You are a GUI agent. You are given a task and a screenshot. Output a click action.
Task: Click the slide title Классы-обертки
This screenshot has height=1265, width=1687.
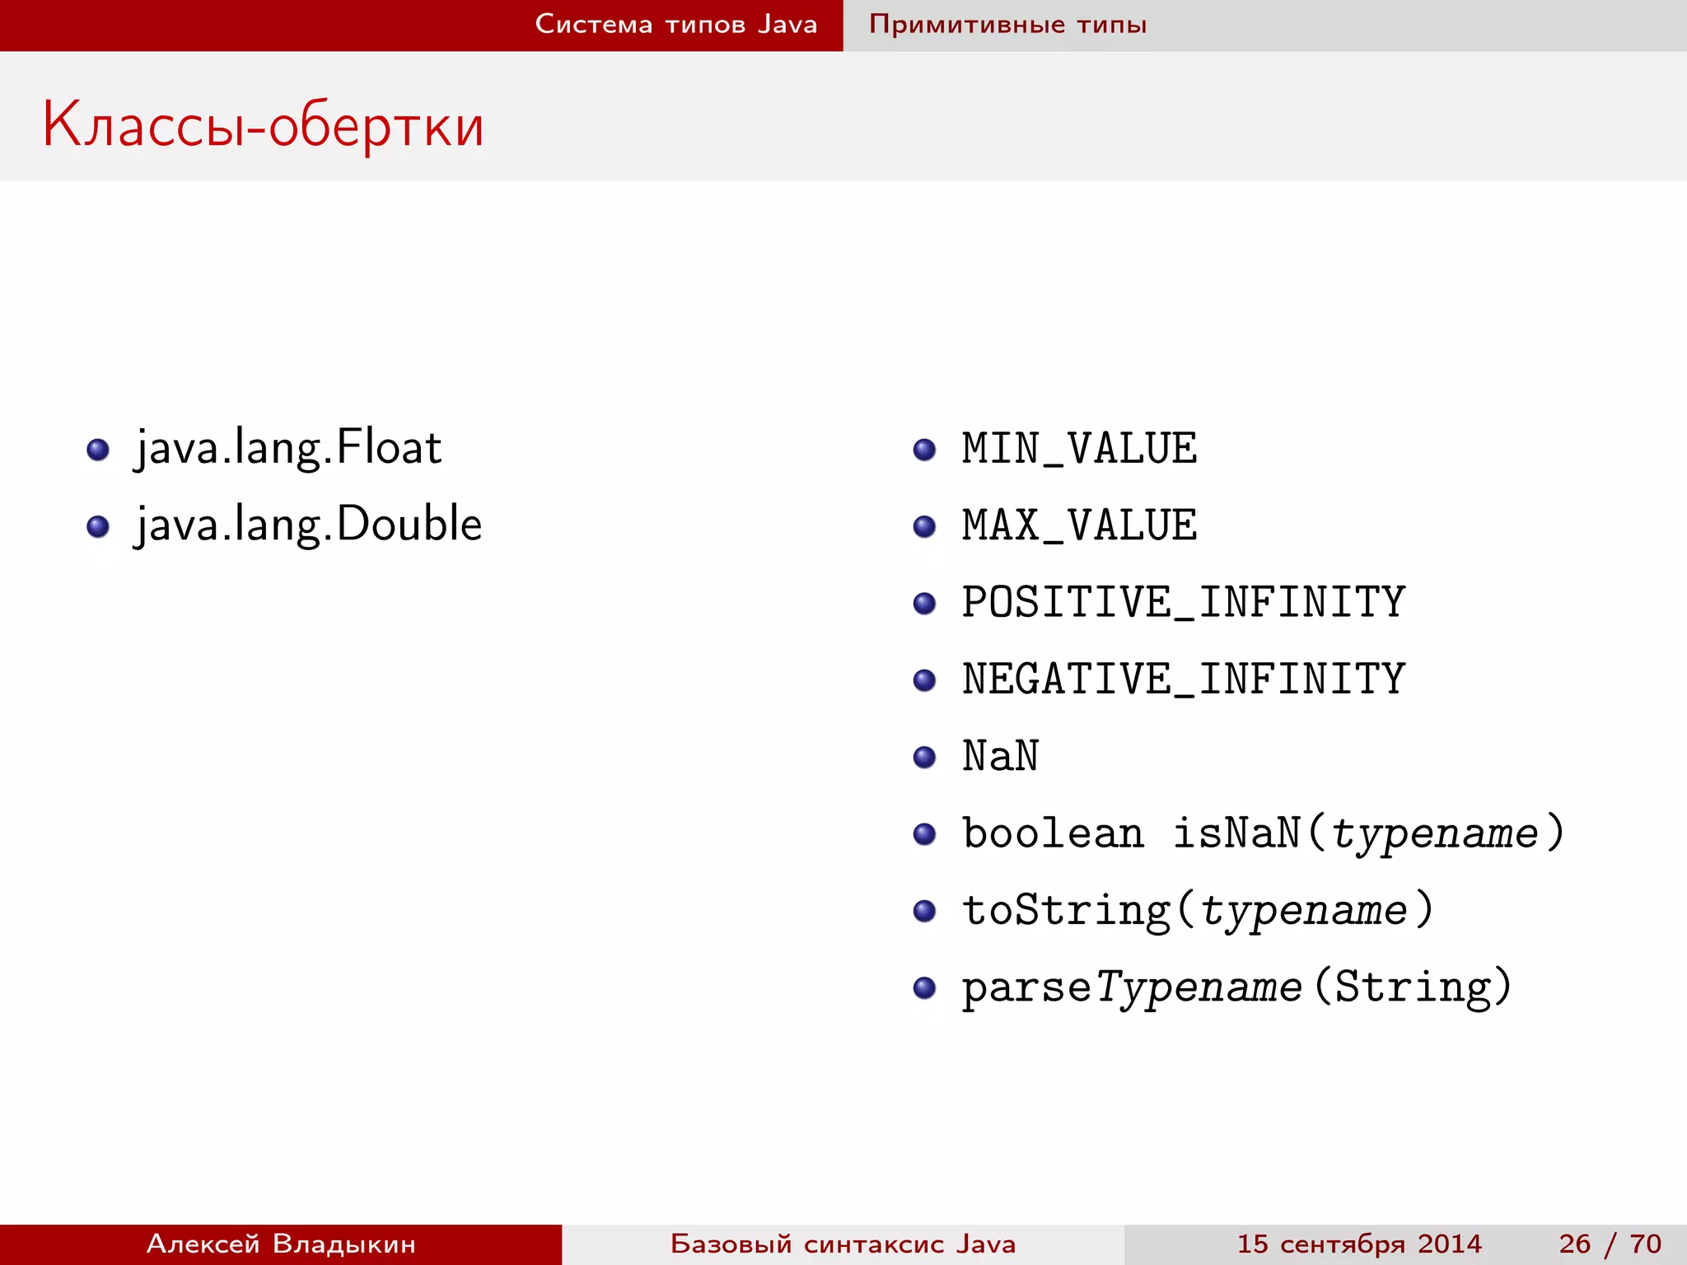263,125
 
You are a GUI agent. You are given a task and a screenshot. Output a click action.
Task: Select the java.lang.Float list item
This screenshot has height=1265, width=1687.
288,448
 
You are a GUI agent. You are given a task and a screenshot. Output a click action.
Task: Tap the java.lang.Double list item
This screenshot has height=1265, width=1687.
308,525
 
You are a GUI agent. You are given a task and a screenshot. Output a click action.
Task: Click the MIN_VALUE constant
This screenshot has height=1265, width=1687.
1079,449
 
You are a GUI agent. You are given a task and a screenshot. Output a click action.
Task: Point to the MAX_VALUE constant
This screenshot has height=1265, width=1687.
1079,525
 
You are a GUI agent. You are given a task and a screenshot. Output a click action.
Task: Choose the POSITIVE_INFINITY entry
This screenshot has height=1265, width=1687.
1183,602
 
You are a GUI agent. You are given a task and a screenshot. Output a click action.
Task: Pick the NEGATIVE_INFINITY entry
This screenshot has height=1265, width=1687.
1183,679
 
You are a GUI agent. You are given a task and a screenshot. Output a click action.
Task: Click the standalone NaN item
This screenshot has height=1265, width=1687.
1000,756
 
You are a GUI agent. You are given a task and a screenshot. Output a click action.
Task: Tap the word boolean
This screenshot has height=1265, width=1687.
1053,833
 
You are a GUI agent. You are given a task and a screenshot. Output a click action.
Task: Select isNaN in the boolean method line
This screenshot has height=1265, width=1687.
1236,833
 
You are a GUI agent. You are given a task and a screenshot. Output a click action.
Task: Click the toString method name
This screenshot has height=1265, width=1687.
1066,910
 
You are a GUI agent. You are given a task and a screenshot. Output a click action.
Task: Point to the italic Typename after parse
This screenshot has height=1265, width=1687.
1199,987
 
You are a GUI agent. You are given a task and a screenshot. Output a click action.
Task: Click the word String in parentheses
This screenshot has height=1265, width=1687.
1412,987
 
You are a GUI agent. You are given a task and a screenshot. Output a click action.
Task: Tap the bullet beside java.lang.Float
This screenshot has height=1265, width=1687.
98,450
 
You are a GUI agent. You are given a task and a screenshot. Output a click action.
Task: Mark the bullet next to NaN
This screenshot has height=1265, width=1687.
924,757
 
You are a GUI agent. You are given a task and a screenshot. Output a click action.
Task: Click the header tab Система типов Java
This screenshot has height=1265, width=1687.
675,25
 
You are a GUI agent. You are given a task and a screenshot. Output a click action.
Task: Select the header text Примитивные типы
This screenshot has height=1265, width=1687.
1007,25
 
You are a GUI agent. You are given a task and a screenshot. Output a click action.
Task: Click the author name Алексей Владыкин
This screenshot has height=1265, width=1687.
281,1244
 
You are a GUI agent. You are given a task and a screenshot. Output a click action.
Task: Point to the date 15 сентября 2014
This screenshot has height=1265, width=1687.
1359,1244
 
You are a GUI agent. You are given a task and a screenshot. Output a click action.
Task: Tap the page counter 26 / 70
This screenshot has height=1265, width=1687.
1610,1244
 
